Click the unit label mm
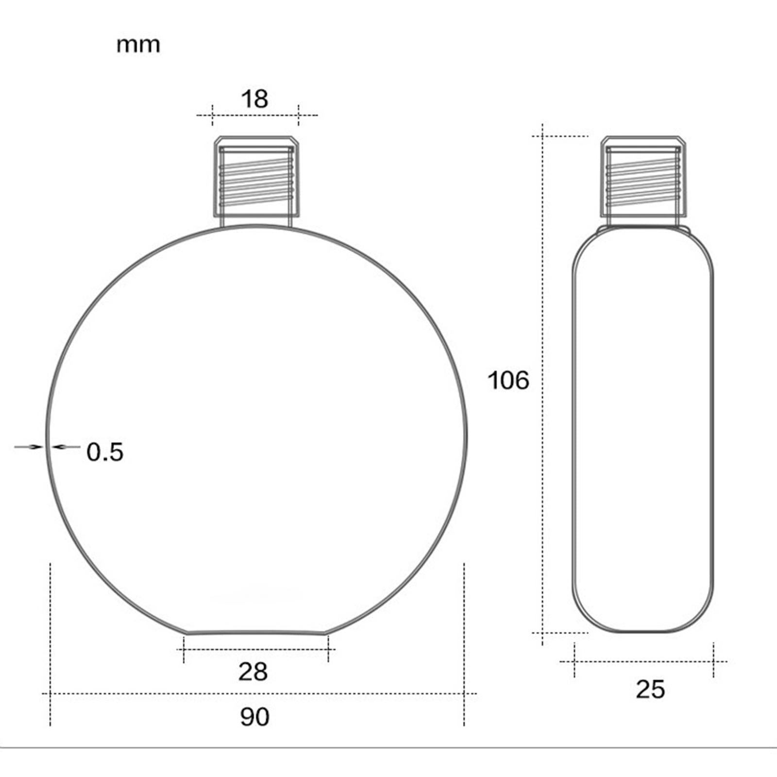point(138,45)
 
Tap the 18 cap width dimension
point(254,99)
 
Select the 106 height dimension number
point(508,380)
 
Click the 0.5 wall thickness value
point(105,452)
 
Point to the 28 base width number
point(253,672)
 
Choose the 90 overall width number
point(254,717)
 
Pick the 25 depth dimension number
point(650,690)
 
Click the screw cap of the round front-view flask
point(256,177)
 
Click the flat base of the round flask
point(256,632)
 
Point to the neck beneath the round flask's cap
point(256,221)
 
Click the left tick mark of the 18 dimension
point(212,115)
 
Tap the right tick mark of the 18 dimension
point(299,115)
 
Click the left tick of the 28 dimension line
point(184,649)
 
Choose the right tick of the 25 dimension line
point(713,661)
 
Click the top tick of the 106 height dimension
point(542,136)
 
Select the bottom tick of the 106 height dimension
point(542,632)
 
